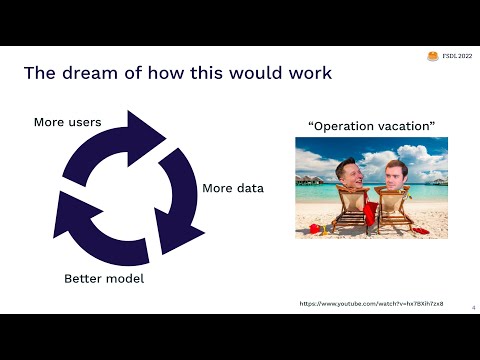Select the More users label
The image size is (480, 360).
pos(67,122)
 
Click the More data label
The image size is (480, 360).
pos(233,188)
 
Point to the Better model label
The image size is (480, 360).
pos(104,277)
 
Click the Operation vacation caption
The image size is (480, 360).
pos(371,127)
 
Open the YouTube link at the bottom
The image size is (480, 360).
pos(371,303)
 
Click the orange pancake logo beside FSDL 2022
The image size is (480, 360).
pos(433,58)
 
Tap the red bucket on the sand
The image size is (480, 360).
pos(315,229)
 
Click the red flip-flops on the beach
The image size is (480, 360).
pos(420,230)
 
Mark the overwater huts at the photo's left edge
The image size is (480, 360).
pos(308,183)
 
